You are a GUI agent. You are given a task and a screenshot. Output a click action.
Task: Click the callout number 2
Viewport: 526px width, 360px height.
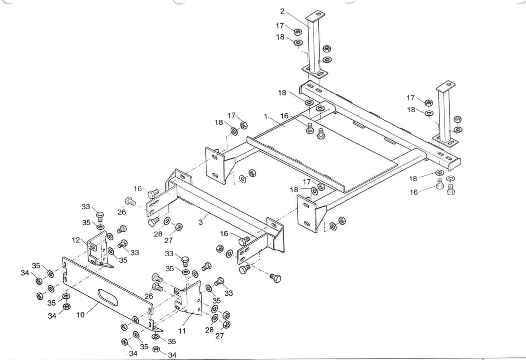(x=282, y=11)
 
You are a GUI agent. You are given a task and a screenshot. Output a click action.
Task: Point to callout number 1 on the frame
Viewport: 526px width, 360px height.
(x=266, y=117)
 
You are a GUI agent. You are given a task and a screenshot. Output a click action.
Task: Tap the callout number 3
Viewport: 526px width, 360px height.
(x=201, y=222)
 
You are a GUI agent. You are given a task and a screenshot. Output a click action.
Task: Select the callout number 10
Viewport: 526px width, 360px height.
(x=81, y=315)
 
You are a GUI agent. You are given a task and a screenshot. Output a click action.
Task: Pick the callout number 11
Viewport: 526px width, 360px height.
(x=182, y=331)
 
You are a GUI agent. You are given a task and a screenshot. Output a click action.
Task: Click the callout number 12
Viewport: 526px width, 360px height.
(x=76, y=240)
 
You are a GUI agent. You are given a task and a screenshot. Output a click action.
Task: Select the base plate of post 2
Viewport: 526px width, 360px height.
(x=315, y=71)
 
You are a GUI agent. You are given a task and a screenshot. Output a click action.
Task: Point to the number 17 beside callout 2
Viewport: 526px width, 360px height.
(x=280, y=25)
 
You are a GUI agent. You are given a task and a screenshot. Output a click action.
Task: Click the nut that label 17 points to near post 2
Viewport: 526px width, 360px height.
(x=298, y=32)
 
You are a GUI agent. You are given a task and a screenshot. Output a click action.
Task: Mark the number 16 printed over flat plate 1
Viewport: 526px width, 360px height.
(x=285, y=116)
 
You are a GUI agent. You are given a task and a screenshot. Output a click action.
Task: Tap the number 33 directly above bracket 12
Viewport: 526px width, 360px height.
(x=86, y=207)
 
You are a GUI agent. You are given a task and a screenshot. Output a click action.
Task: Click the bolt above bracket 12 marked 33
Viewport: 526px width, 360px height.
(x=100, y=217)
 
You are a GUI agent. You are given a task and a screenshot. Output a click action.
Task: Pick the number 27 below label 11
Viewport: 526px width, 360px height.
(x=220, y=336)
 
